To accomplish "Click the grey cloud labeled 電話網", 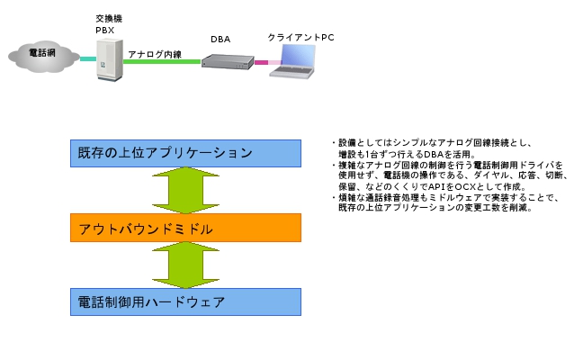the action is [x=43, y=56].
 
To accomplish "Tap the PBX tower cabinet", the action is [x=110, y=59].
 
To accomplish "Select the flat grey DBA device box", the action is [x=228, y=62].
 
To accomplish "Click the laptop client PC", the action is [x=293, y=61].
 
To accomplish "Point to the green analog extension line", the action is [x=162, y=61].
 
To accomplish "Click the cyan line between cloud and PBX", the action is [x=88, y=58].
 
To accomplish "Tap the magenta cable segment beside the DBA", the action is [x=261, y=62].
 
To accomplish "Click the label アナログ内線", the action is [x=155, y=54].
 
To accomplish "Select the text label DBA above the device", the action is [x=220, y=39].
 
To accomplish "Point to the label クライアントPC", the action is [x=300, y=37].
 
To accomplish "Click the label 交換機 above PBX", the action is [x=109, y=18].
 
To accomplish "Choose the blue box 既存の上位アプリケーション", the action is [x=185, y=153].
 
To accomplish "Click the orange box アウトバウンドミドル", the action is [x=185, y=228].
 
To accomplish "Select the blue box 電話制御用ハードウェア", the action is [x=185, y=302].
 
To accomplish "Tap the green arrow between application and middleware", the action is [x=185, y=191].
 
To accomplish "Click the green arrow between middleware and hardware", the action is [x=185, y=265].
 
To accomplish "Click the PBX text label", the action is [x=105, y=30].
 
